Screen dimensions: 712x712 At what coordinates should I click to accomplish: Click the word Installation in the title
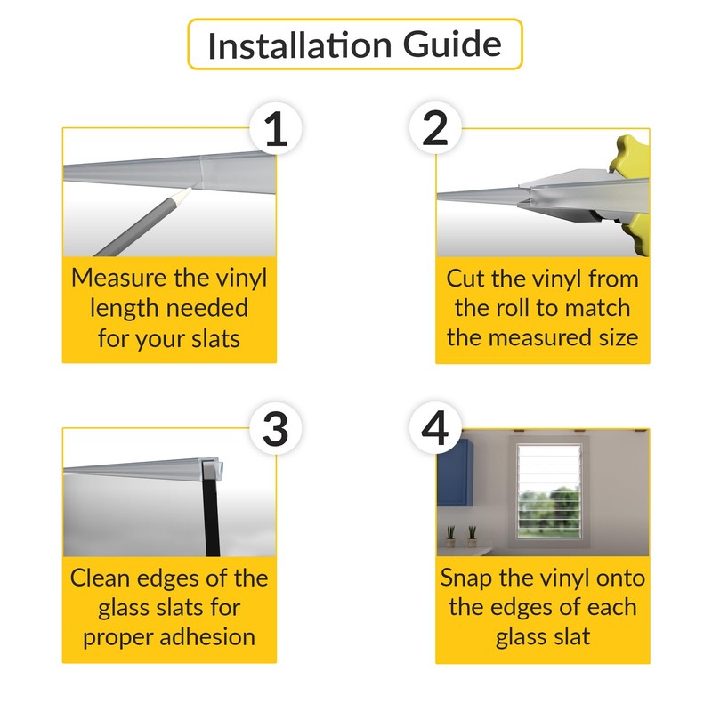300,45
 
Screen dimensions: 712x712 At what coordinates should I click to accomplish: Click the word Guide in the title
452,44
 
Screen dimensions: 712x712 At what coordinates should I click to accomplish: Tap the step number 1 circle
276,128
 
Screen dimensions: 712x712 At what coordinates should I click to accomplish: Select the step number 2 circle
435,128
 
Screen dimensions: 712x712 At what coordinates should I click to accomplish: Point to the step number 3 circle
276,429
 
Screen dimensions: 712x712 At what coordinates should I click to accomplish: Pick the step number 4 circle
435,428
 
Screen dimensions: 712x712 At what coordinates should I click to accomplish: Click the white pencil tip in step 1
185,194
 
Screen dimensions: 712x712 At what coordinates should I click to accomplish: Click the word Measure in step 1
119,278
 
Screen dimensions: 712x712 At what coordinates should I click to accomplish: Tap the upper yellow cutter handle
631,154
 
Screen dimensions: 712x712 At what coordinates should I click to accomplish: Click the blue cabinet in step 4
455,473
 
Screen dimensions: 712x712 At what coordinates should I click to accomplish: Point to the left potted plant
450,537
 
